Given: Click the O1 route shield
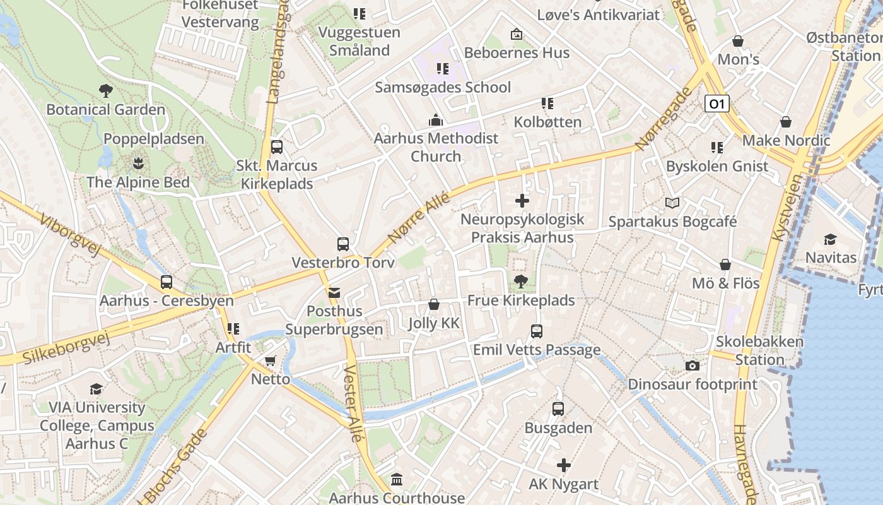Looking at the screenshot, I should [716, 104].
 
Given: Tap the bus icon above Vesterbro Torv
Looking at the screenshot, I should [343, 244].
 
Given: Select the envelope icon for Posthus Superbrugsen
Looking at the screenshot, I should [334, 293].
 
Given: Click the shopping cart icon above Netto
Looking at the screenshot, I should [271, 361].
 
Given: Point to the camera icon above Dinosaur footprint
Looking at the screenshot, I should [692, 366].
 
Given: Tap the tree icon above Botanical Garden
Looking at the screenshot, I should [106, 91].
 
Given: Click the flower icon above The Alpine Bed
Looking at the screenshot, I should [137, 164].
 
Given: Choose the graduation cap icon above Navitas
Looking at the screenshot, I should [830, 239].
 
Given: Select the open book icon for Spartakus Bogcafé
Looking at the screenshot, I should [672, 203].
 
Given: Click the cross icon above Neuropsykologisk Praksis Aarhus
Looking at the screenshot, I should [522, 201].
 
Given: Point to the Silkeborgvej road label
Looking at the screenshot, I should [66, 348].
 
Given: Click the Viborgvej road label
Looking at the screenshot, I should [69, 235].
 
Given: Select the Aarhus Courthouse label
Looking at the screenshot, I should [397, 498].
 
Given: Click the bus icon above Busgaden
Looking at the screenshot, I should [558, 409].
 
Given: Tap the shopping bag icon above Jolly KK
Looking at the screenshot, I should [434, 305].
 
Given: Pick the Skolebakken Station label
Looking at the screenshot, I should [759, 350].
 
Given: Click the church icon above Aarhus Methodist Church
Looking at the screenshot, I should [436, 120].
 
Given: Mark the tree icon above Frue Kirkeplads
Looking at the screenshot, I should [521, 282].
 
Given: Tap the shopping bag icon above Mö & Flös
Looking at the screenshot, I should [725, 264].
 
